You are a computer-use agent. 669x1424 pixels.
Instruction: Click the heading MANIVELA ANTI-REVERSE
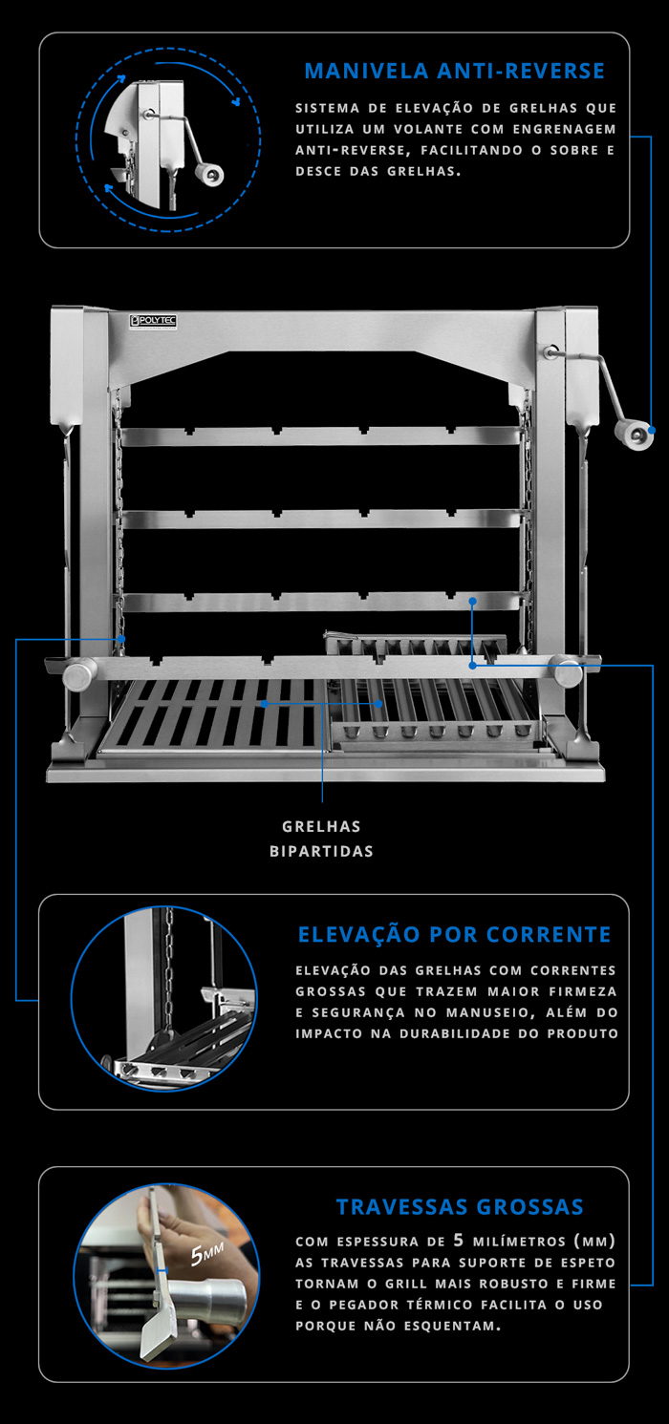(x=454, y=71)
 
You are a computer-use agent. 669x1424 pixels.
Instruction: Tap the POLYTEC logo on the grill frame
(x=153, y=321)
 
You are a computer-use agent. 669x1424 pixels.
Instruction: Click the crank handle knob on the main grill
(x=634, y=436)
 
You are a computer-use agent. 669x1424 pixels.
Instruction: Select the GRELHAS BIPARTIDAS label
(x=322, y=839)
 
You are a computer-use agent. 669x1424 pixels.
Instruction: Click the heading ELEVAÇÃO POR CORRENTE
(x=455, y=934)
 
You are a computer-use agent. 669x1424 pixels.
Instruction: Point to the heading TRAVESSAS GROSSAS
(x=460, y=1206)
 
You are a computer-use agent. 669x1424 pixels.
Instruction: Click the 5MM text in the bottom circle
(x=207, y=1253)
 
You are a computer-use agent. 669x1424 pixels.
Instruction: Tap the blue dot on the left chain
(x=120, y=639)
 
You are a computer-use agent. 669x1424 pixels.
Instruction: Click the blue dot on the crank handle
(x=651, y=431)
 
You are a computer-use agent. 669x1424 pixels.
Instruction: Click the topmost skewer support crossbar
(x=321, y=436)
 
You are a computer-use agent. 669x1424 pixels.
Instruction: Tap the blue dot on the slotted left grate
(x=264, y=704)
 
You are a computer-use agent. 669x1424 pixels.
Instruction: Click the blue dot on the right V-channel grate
(x=379, y=704)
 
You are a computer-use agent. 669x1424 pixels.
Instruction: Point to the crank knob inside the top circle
(x=210, y=174)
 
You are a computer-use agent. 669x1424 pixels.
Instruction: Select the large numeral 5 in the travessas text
(x=459, y=1240)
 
